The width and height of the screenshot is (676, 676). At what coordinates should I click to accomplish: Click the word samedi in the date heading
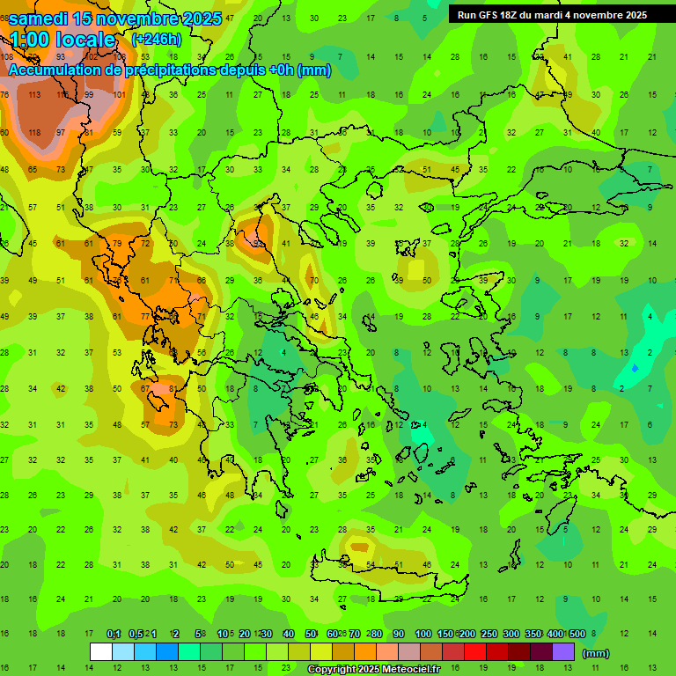pos(41,18)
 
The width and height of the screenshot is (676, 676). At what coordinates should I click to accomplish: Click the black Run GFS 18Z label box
pos(552,14)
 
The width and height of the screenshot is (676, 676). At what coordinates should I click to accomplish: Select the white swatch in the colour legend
pos(101,651)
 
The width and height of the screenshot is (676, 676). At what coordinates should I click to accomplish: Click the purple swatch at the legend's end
pos(563,651)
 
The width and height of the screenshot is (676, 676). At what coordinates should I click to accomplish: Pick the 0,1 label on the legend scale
pos(114,635)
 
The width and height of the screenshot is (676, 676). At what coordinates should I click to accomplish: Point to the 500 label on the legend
pos(577,635)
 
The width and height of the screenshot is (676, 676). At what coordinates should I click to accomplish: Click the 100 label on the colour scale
pos(422,635)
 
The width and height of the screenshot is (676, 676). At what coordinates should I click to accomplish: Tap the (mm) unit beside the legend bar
pos(596,653)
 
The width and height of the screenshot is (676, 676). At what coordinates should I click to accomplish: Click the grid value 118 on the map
pos(34,132)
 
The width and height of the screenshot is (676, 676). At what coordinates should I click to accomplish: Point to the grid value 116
pos(62,94)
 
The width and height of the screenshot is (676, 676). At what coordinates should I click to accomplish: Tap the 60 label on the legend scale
pos(333,635)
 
